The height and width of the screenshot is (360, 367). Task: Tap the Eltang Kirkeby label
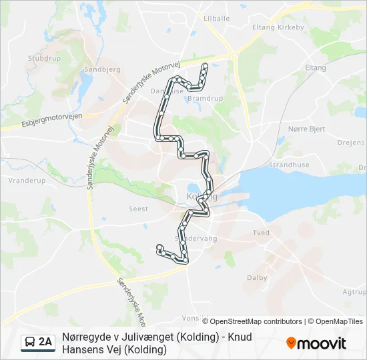278,27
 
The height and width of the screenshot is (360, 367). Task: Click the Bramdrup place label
205,98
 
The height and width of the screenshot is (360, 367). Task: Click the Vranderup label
26,180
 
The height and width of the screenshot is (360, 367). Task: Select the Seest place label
137,208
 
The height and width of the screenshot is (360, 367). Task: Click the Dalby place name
257,278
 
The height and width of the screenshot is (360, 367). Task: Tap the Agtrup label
354,291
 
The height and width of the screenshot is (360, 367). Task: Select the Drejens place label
351,143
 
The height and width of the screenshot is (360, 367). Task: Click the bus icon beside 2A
31,343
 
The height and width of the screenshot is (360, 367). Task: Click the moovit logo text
322,343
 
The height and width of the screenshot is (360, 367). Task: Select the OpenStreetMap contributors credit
256,321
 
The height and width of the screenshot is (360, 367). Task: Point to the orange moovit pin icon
291,343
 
